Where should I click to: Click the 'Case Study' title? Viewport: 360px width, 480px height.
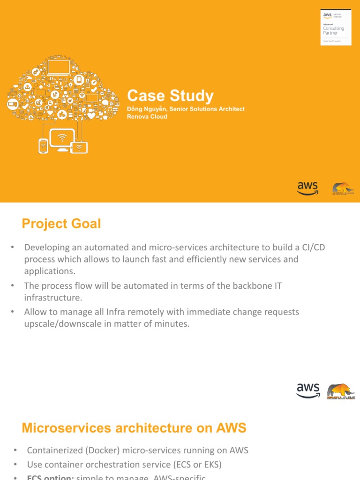(x=170, y=96)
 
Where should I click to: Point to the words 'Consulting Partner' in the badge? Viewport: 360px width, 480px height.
(x=333, y=30)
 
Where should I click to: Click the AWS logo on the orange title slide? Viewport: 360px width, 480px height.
(x=307, y=187)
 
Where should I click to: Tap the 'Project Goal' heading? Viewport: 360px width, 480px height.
(x=61, y=224)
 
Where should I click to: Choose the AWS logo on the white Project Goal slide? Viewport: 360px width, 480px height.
(x=307, y=390)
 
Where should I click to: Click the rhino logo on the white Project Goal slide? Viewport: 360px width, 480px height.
(x=341, y=391)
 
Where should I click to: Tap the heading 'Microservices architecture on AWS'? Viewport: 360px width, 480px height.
(x=134, y=428)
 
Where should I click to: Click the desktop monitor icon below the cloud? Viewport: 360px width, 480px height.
(x=62, y=140)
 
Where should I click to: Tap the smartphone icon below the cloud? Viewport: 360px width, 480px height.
(x=43, y=146)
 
